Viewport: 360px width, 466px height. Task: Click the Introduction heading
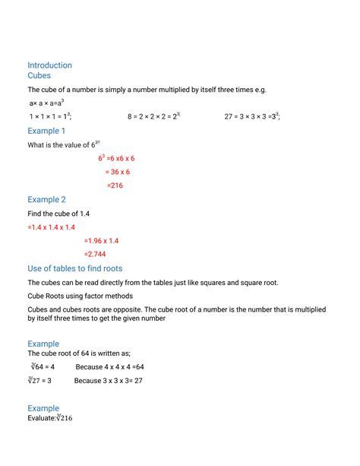pos(49,65)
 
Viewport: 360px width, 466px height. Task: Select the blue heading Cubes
pos(39,76)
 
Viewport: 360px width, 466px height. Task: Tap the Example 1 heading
pos(46,131)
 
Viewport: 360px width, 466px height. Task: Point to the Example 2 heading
pos(46,199)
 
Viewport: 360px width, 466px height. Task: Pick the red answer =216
pos(115,185)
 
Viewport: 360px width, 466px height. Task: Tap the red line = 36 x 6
pos(117,172)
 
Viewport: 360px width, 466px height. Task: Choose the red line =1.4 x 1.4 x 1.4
pos(51,227)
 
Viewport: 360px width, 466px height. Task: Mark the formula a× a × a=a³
pos(46,103)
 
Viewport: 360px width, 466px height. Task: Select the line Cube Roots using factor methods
pos(81,296)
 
